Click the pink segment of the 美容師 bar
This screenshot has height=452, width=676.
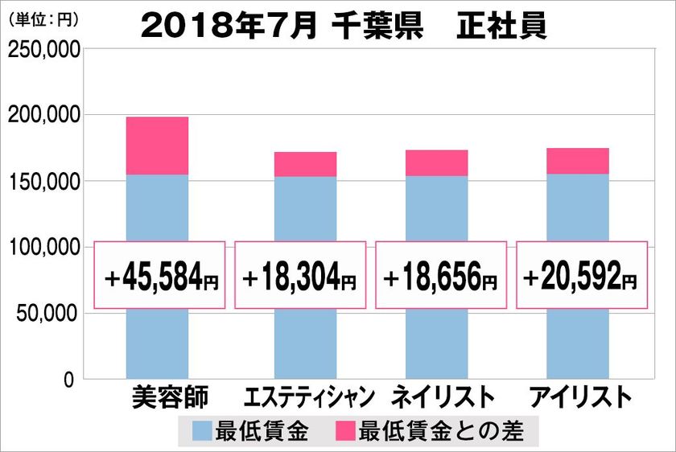(x=157, y=146)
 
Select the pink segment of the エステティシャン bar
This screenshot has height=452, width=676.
(x=305, y=164)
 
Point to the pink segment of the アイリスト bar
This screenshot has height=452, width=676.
(x=577, y=161)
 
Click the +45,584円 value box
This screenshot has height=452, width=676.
(x=157, y=274)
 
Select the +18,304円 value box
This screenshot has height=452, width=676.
(x=299, y=274)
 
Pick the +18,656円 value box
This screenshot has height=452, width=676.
(x=440, y=274)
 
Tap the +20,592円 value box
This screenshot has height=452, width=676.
(x=581, y=274)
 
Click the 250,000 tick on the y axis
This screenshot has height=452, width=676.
(x=43, y=50)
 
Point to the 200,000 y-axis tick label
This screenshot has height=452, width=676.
(x=43, y=116)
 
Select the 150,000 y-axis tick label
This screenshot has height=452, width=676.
(x=43, y=182)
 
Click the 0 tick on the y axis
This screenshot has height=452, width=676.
(x=70, y=379)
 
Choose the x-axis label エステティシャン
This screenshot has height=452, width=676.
(x=308, y=397)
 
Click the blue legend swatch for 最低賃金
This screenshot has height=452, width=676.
(x=203, y=430)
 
